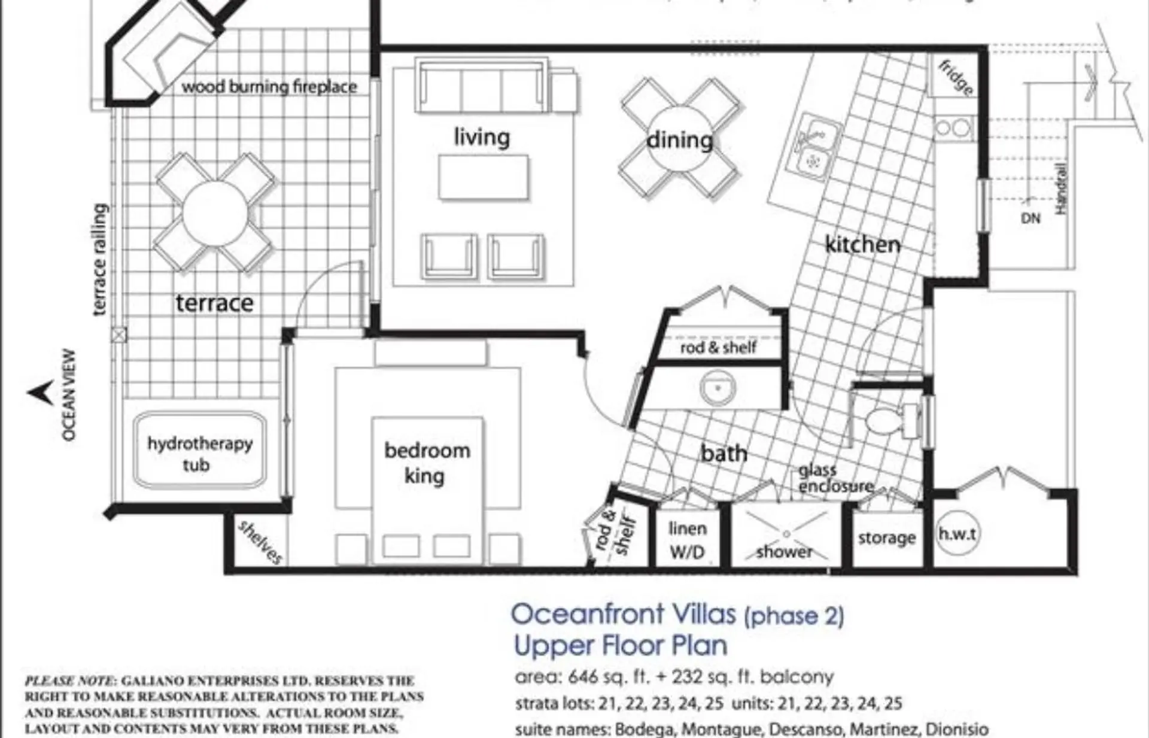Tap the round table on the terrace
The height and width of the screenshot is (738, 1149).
tap(215, 213)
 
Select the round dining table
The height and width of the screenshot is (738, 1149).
tap(679, 139)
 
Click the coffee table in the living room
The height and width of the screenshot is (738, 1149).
tap(484, 177)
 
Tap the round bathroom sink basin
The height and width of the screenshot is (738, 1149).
tap(718, 388)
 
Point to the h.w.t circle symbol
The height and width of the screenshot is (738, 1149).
tap(957, 533)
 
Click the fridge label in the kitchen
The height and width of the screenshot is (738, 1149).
tap(956, 77)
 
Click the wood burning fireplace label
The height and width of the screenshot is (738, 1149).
tap(269, 87)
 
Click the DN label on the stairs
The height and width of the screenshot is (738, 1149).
tap(1031, 218)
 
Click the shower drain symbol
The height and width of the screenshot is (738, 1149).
tap(786, 533)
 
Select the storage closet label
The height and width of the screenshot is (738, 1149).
tap(886, 537)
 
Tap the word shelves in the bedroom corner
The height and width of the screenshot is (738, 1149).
tap(260, 542)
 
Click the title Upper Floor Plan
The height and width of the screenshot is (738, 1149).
tap(621, 645)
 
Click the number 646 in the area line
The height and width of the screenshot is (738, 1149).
tap(582, 677)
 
